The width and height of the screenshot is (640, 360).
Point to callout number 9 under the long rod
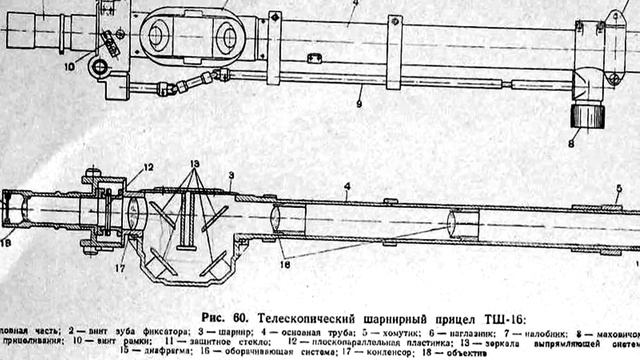click(358, 101)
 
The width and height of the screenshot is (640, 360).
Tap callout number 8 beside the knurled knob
click(572, 144)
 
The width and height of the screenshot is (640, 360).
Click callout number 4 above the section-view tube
click(347, 186)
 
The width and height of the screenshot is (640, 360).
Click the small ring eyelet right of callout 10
click(99, 67)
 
